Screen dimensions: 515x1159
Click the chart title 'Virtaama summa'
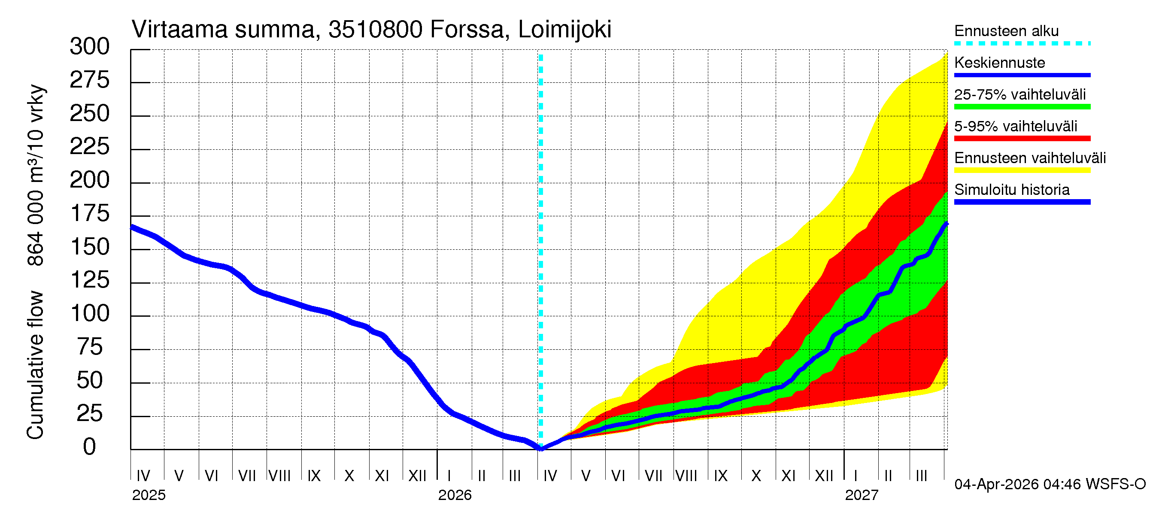click(x=224, y=30)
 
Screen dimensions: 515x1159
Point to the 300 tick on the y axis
click(x=90, y=47)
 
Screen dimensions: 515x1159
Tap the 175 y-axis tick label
click(x=90, y=214)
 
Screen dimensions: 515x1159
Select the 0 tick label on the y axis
click(x=90, y=447)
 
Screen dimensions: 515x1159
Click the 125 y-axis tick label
click(x=90, y=280)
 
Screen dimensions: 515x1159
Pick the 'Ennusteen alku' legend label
click(x=1006, y=31)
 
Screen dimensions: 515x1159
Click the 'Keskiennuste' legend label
click(x=999, y=63)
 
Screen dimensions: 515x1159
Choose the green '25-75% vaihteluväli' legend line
click(x=1022, y=107)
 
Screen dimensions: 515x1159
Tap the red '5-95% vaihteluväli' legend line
click(x=1022, y=139)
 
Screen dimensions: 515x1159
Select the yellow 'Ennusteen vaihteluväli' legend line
click(x=1022, y=170)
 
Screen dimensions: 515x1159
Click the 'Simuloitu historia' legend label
click(x=1011, y=190)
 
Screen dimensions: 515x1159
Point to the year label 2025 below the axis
click(x=149, y=495)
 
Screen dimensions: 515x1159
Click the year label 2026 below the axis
click(x=455, y=495)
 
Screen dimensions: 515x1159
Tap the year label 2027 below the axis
click(x=861, y=495)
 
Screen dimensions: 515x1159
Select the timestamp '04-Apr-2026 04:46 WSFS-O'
click(x=1050, y=485)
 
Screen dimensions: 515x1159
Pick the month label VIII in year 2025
click(x=279, y=476)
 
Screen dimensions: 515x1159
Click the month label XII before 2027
click(x=824, y=476)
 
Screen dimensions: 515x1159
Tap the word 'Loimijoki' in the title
click(x=564, y=30)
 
